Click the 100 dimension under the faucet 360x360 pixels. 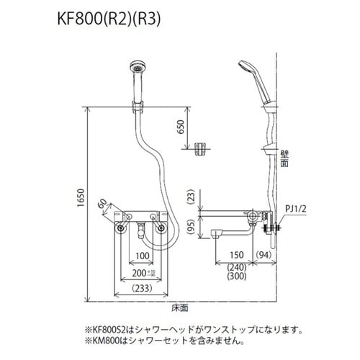(141, 256)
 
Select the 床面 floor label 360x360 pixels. (181, 308)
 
